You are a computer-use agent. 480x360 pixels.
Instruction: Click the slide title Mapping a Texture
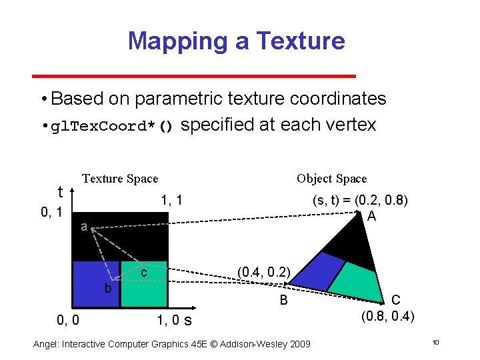pos(236,41)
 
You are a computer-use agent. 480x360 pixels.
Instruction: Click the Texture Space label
pos(120,178)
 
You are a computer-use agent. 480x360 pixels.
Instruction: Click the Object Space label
pos(331,178)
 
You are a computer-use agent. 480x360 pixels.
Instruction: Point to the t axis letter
pos(60,192)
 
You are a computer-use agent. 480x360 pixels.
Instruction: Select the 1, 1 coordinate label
pos(171,199)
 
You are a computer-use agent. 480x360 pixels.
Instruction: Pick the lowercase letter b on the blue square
pos(107,287)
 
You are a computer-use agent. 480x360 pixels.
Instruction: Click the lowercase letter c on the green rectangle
pos(143,273)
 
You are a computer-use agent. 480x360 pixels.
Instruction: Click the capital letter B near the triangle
pos(283,301)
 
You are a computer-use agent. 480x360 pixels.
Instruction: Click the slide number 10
pos(435,343)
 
